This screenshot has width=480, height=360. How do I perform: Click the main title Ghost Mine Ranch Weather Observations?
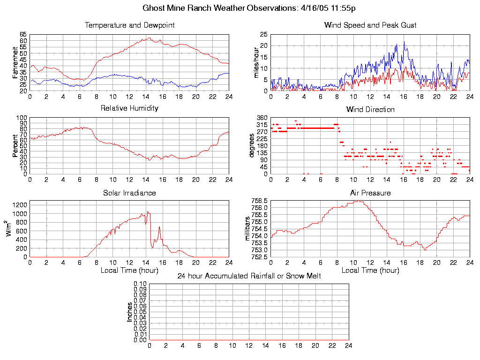pyautogui.click(x=249, y=8)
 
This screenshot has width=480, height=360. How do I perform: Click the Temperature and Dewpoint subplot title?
pyautogui.click(x=129, y=25)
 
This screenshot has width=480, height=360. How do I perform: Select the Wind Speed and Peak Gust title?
pyautogui.click(x=370, y=25)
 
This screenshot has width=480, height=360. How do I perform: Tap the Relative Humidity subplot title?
pyautogui.click(x=129, y=108)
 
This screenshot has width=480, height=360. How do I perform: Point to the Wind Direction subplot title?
pyautogui.click(x=370, y=110)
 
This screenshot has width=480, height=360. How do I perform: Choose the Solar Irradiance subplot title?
pyautogui.click(x=129, y=193)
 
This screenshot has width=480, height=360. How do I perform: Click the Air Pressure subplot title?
pyautogui.click(x=370, y=193)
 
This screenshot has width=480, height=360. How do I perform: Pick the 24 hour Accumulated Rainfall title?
pyautogui.click(x=249, y=276)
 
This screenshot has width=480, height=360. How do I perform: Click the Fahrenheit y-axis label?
pyautogui.click(x=15, y=62)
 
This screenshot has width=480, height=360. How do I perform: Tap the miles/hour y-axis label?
pyautogui.click(x=256, y=62)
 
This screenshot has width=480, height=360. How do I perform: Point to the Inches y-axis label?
pyautogui.click(x=129, y=312)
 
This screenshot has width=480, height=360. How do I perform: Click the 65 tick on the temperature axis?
pyautogui.click(x=23, y=35)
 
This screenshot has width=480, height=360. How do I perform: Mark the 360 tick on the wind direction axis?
pyautogui.click(x=262, y=118)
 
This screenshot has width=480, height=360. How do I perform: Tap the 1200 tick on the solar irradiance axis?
pyautogui.click(x=20, y=205)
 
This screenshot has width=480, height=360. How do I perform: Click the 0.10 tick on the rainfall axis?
pyautogui.click(x=140, y=284)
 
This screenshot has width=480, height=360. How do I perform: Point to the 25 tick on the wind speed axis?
pyautogui.click(x=263, y=35)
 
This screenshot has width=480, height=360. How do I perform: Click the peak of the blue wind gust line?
pyautogui.click(x=404, y=42)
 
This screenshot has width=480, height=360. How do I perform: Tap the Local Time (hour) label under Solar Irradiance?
pyautogui.click(x=129, y=270)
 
